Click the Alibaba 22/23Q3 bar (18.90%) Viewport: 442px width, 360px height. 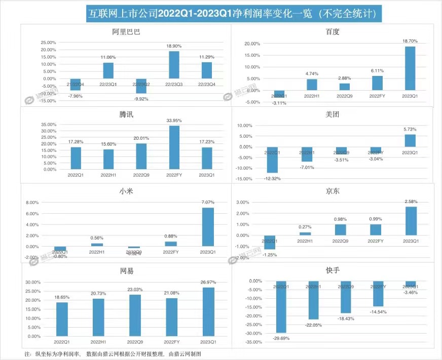[173, 65]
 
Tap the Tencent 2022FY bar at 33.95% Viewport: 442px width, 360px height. [173, 147]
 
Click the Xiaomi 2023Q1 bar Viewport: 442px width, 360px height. [208, 227]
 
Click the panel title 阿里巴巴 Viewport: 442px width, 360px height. [126, 32]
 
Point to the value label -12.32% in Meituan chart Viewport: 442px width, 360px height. [273, 178]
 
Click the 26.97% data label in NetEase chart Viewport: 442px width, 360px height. [208, 283]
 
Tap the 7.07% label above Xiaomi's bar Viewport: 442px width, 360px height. [208, 203]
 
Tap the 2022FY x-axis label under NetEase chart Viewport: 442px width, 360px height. [173, 342]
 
